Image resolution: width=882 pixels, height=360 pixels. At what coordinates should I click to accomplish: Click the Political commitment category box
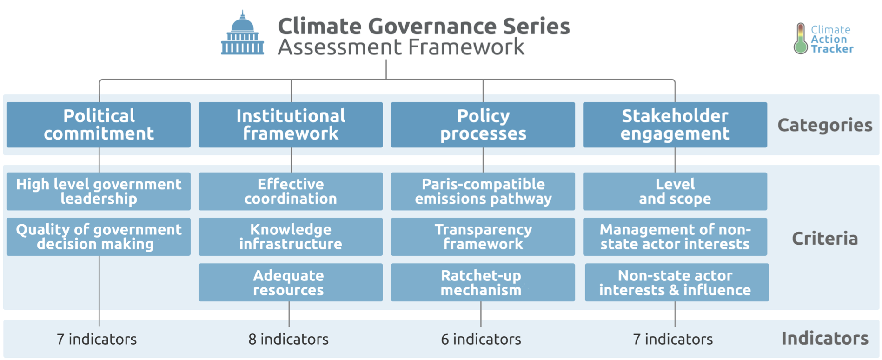coord(99,125)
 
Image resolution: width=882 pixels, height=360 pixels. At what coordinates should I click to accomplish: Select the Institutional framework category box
coord(291,125)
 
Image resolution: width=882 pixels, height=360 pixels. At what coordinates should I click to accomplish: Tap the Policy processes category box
coord(483,125)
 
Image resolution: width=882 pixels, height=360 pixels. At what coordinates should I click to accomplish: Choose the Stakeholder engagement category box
coord(675,125)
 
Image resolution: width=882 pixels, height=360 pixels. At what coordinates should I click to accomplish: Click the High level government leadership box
coord(99,191)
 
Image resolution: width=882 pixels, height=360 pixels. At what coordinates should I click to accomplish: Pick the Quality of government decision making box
coord(99,237)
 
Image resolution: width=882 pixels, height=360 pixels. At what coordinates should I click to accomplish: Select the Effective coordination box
coord(291,191)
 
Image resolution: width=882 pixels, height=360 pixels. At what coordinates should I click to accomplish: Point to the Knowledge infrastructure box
coord(291,237)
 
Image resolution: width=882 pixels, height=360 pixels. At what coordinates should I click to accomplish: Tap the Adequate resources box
coord(291,282)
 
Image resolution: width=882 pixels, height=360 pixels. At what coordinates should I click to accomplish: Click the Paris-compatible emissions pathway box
coord(483,191)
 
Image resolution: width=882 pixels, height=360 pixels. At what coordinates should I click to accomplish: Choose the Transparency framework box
coord(483,237)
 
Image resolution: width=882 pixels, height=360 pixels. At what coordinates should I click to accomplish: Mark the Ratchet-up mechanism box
coord(483,282)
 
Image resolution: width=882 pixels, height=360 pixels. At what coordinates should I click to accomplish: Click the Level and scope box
coord(675,191)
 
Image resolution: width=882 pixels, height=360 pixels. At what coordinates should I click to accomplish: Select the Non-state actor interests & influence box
coord(677,282)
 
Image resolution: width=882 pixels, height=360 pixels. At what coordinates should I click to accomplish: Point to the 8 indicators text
coord(288,339)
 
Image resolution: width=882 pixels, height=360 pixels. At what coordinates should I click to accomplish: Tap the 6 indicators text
coord(481,339)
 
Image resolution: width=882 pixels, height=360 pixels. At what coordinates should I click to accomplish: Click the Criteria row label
coord(825,238)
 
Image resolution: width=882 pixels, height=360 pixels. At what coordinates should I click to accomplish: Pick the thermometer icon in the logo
coord(801,38)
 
